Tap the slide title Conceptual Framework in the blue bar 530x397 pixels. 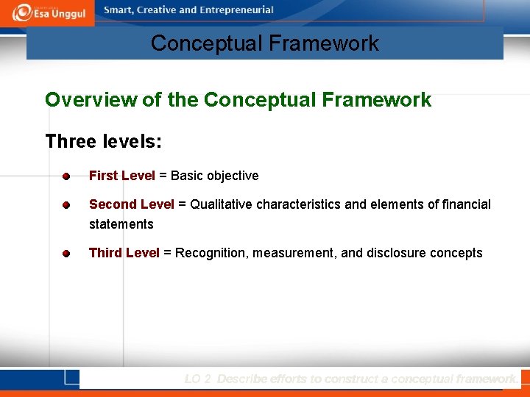264,43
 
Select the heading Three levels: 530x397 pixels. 104,141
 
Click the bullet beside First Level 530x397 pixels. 66,176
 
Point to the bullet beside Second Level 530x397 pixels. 66,204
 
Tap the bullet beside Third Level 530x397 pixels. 66,254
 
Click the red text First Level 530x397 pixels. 122,176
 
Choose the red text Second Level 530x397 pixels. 132,204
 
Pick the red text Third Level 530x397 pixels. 124,253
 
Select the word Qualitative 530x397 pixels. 223,204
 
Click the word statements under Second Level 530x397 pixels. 121,224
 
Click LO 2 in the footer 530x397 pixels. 198,379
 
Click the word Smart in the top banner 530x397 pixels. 119,10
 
